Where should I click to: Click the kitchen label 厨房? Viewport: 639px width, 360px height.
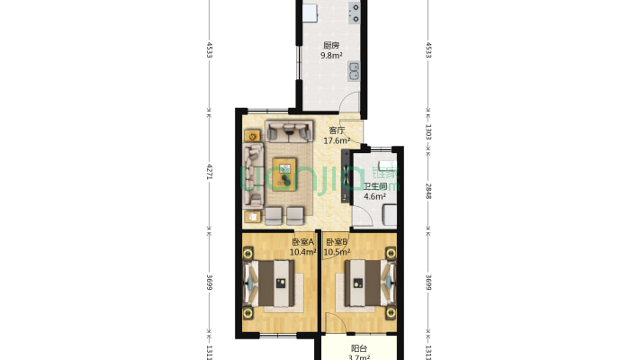point(331,45)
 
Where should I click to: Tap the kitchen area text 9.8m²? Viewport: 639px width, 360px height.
point(331,56)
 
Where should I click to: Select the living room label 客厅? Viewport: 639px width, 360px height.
point(337,130)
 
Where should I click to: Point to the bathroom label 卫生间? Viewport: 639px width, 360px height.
point(375,186)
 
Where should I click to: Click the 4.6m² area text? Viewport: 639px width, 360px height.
point(375,196)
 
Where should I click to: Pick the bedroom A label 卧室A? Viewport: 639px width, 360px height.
point(302,242)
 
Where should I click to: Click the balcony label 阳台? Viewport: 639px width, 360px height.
point(359,348)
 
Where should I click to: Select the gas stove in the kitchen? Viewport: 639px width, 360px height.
point(354,13)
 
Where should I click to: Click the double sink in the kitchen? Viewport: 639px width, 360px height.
point(354,71)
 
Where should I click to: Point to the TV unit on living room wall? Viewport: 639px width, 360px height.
point(346,176)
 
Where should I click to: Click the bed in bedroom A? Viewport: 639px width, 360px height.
point(269,283)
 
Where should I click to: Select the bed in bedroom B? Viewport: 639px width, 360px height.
point(370,283)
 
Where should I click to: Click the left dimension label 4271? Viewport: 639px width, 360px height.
point(209,172)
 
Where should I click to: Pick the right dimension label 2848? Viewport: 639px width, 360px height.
point(428,191)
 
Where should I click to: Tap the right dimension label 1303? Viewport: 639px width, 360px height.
point(428,132)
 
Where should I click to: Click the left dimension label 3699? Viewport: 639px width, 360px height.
point(209,283)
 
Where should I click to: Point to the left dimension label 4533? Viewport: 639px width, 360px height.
point(209,49)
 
